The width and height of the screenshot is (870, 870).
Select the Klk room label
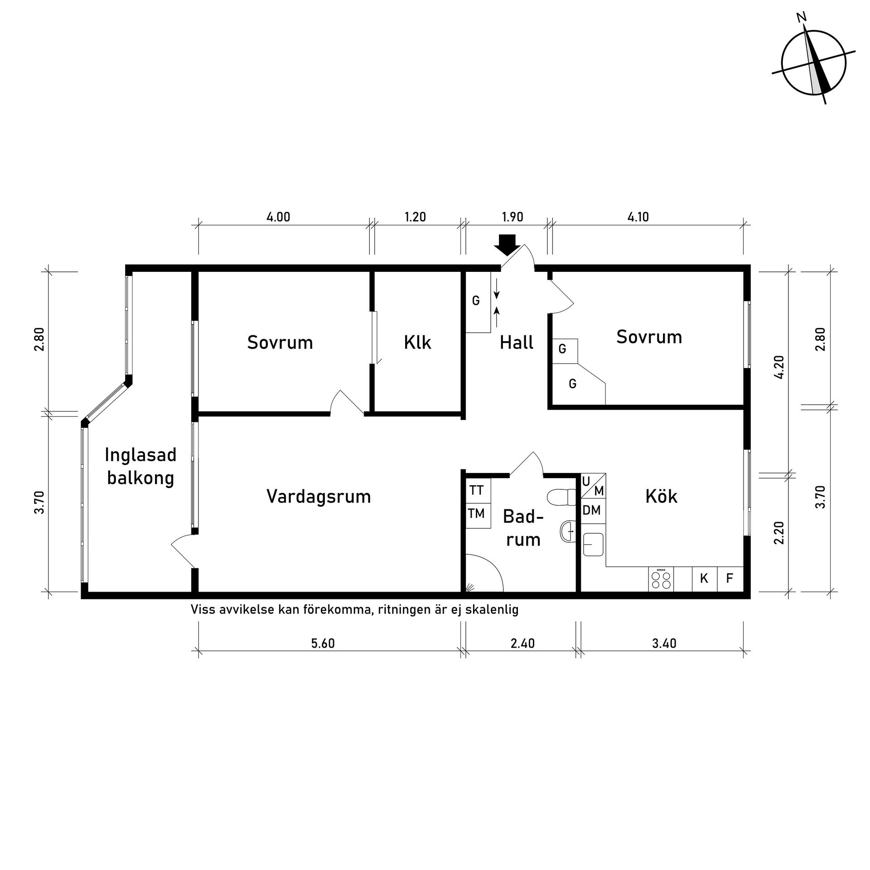417,343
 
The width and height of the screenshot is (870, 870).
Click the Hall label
517,343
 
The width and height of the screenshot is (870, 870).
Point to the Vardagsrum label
319,497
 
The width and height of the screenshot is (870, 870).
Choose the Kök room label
661,496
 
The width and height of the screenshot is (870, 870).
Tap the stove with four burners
661,579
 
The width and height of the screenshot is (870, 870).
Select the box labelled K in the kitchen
704,579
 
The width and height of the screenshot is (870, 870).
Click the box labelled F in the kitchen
730,579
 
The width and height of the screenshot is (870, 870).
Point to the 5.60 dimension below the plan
323,643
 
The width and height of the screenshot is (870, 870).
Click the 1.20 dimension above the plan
416,217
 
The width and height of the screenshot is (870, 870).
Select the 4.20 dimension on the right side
779,367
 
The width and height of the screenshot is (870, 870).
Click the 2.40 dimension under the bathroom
522,643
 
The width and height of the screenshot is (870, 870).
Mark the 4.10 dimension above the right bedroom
638,217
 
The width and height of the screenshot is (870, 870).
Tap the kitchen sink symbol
593,544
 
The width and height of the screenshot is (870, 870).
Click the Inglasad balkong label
140,466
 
